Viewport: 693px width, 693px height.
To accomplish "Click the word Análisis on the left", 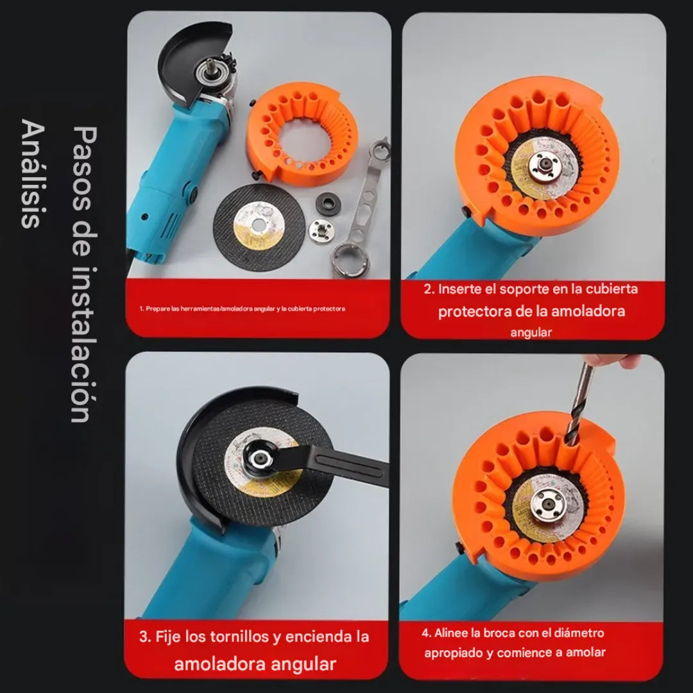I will [33, 173].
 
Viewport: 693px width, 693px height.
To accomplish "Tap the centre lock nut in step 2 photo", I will [545, 166].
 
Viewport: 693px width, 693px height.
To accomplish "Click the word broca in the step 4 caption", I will [499, 633].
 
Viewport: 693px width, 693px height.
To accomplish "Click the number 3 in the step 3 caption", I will [143, 637].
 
